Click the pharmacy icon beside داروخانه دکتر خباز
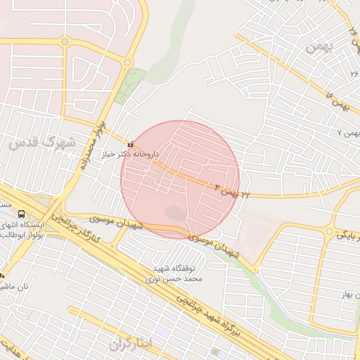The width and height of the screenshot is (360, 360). pyautogui.click(x=130, y=145)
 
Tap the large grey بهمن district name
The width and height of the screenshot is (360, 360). pyautogui.click(x=318, y=47)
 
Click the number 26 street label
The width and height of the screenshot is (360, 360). pyautogui.click(x=354, y=73)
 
